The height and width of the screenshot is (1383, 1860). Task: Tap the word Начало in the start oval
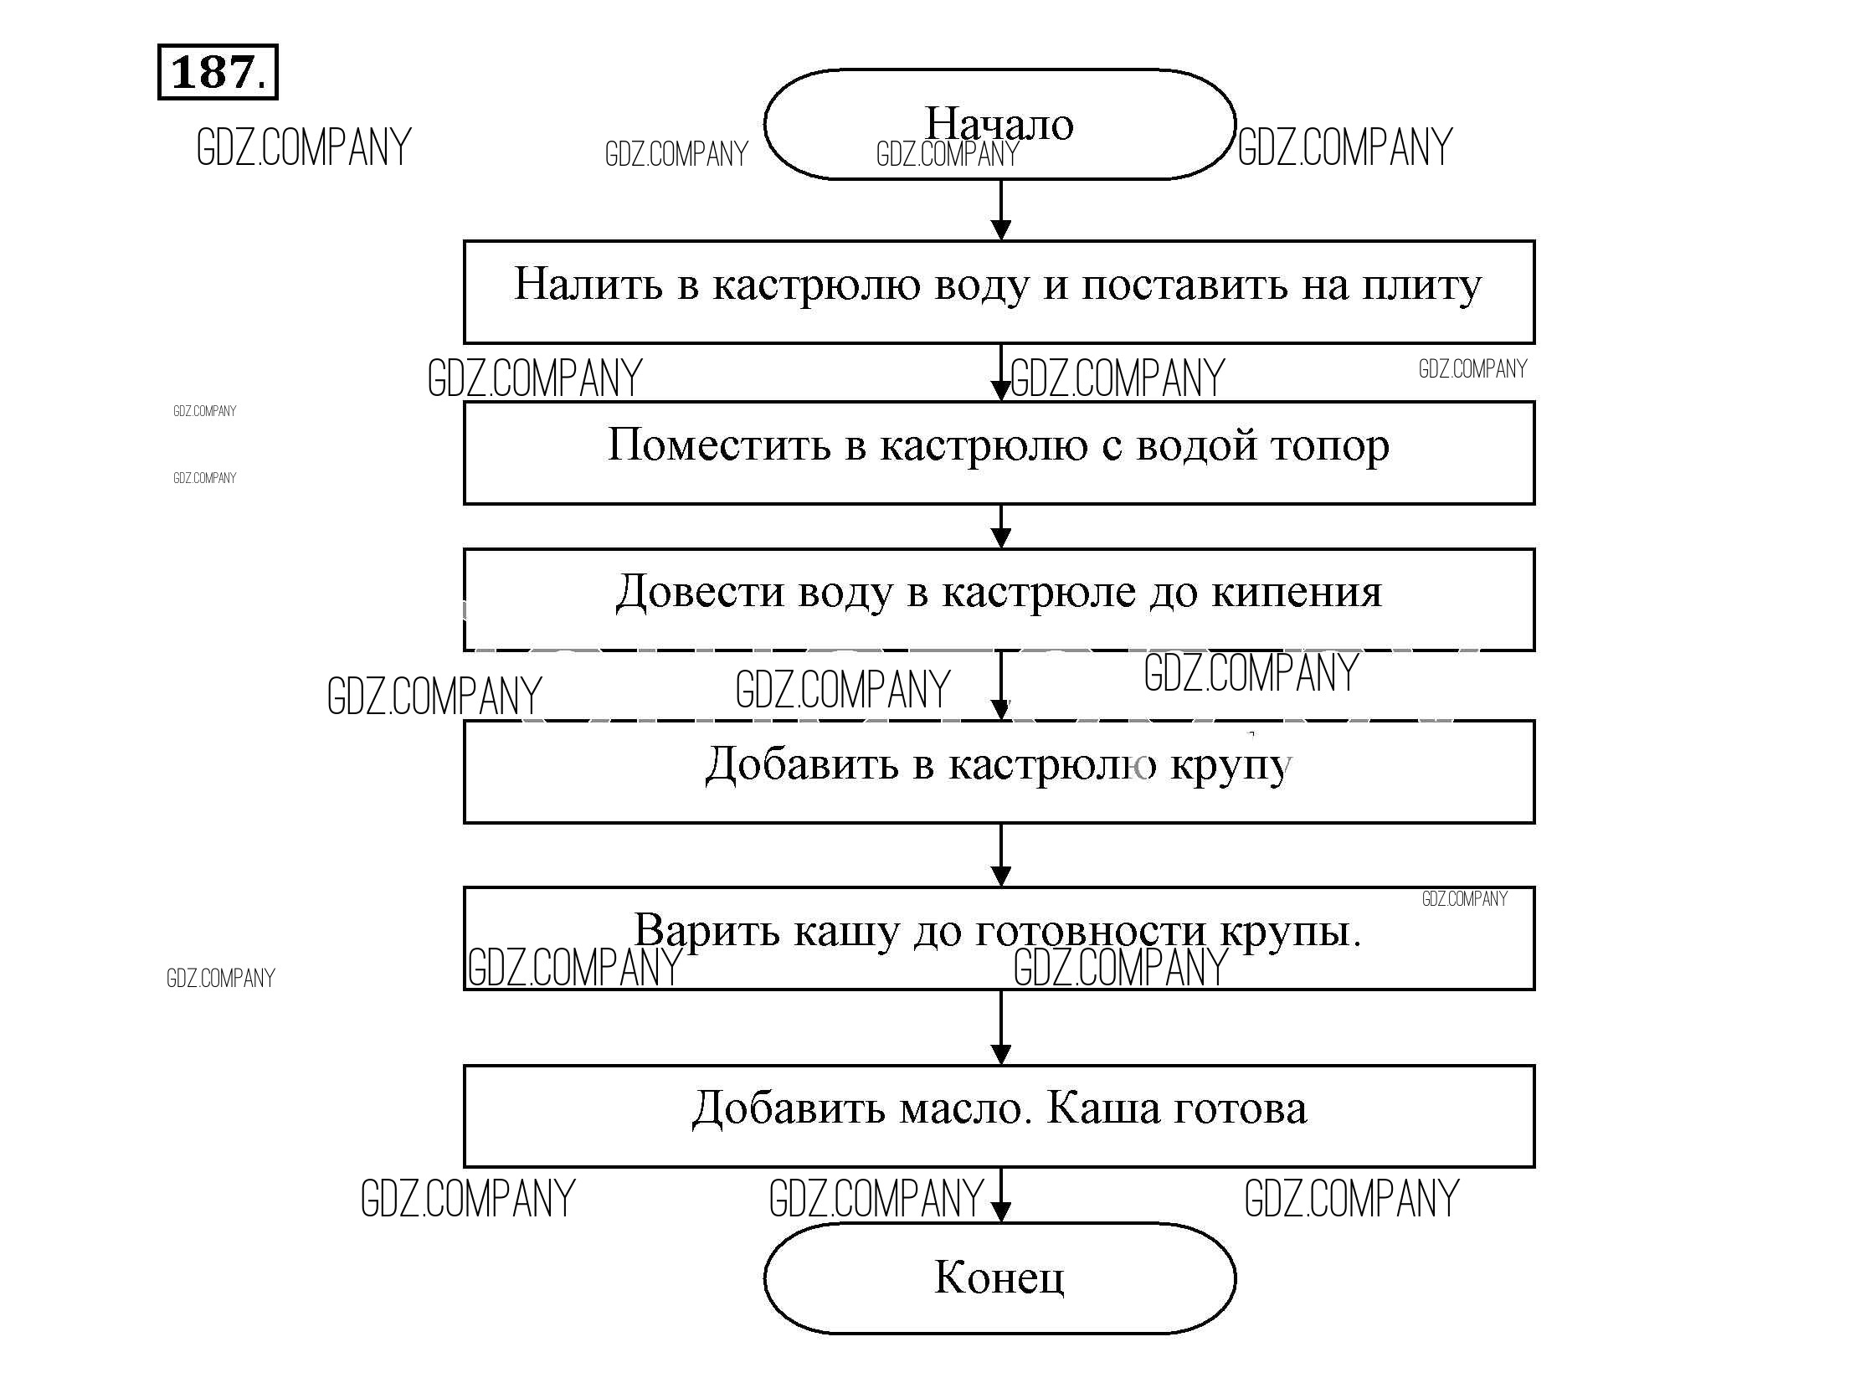[999, 124]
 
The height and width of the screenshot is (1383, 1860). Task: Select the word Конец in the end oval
[999, 1278]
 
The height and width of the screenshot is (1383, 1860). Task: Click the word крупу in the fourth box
[1231, 766]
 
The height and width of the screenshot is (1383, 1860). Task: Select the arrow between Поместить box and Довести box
[1000, 527]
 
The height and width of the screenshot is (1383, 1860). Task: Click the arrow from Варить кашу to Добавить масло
[1000, 1028]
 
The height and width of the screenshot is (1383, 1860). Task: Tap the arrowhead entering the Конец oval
[1000, 1211]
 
